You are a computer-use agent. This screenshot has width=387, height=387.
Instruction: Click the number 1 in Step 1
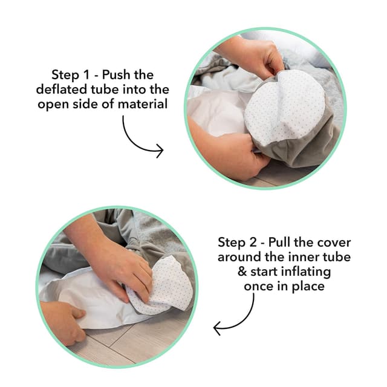pyautogui.click(x=86, y=75)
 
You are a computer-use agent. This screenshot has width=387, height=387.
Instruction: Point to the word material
pyautogui.click(x=143, y=103)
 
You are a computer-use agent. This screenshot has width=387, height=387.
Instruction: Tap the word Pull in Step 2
pyautogui.click(x=279, y=242)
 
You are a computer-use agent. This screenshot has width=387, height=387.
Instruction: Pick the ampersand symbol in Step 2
pyautogui.click(x=242, y=272)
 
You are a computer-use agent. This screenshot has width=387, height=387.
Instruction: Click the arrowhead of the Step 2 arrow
pyautogui.click(x=216, y=328)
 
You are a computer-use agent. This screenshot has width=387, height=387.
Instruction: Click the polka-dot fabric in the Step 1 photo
pyautogui.click(x=284, y=106)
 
